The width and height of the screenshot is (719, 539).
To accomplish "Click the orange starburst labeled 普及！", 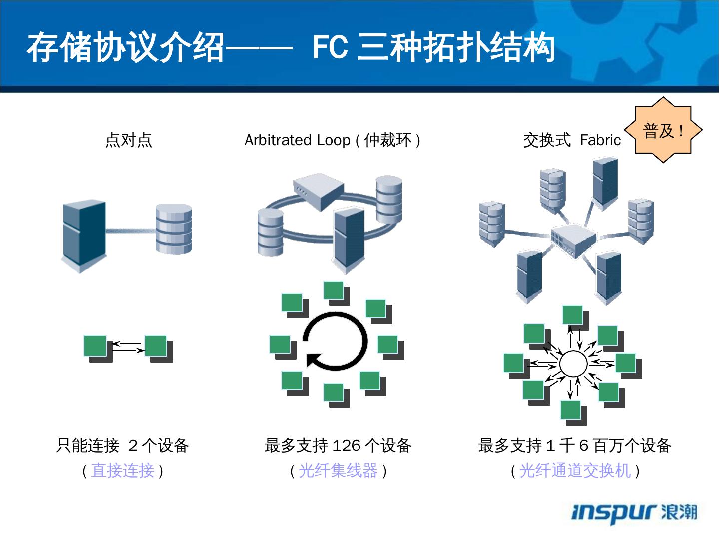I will (664, 131).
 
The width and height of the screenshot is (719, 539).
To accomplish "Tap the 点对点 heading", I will (129, 140).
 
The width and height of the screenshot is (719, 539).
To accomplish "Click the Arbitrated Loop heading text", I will (297, 140).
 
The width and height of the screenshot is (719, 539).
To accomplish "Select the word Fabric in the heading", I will (600, 140).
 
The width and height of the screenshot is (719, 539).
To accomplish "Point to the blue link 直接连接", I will (123, 470).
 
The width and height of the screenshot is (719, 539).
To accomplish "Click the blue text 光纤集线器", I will (338, 470).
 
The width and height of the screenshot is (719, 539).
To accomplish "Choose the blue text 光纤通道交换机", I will (575, 470).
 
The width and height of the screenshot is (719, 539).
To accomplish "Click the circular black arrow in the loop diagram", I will (336, 342).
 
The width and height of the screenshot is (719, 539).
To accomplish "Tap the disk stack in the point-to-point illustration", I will (173, 228).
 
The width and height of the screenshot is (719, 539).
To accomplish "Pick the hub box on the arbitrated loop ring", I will (318, 191).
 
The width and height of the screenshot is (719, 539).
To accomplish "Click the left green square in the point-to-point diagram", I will (95, 346).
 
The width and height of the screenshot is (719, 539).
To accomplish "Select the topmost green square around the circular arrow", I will (334, 291).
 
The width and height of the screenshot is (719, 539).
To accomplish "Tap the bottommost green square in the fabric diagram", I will (571, 410).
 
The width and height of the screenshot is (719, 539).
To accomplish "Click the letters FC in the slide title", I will (330, 48).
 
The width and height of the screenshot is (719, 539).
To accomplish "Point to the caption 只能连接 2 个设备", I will (123, 445).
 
